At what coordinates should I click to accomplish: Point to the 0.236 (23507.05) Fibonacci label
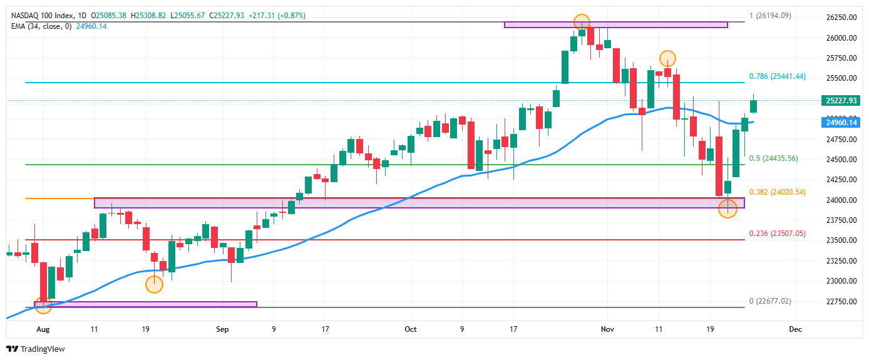click(777, 234)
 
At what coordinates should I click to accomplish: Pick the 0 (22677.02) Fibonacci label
click(770, 301)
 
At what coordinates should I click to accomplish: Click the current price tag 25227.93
click(841, 100)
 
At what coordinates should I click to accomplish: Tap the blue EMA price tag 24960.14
click(841, 123)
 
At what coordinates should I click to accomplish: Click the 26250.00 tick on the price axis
click(841, 18)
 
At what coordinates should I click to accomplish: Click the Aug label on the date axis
click(43, 329)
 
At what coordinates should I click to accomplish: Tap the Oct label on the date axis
click(410, 329)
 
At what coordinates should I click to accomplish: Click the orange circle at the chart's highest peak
click(582, 22)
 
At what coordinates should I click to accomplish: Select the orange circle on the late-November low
click(728, 209)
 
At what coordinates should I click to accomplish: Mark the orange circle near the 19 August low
click(154, 285)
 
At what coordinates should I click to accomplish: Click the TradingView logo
click(36, 349)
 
